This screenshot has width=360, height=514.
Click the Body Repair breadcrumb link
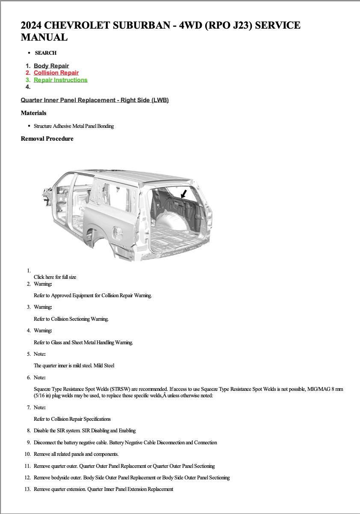click(x=51, y=66)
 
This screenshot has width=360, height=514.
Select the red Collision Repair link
click(x=56, y=73)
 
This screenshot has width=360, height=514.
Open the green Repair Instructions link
click(x=60, y=80)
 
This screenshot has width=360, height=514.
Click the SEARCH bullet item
click(x=45, y=53)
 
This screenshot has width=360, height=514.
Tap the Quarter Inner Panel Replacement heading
click(x=94, y=100)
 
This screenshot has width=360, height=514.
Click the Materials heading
click(x=33, y=113)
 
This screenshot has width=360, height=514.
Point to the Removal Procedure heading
click(x=47, y=139)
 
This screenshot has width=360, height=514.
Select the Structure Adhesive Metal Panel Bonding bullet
click(x=74, y=126)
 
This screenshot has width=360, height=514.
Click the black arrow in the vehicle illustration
click(x=184, y=194)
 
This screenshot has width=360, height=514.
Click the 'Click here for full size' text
click(x=55, y=277)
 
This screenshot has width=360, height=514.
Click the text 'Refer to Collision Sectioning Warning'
click(x=71, y=319)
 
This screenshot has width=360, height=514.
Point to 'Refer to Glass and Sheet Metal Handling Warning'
click(x=83, y=343)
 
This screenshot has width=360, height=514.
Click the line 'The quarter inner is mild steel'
click(x=74, y=366)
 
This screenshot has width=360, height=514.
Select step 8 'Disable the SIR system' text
click(x=84, y=431)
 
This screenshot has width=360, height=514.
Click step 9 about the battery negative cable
click(x=125, y=443)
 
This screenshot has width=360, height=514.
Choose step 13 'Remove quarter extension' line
click(x=103, y=489)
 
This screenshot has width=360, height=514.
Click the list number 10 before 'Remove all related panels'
click(x=27, y=454)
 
